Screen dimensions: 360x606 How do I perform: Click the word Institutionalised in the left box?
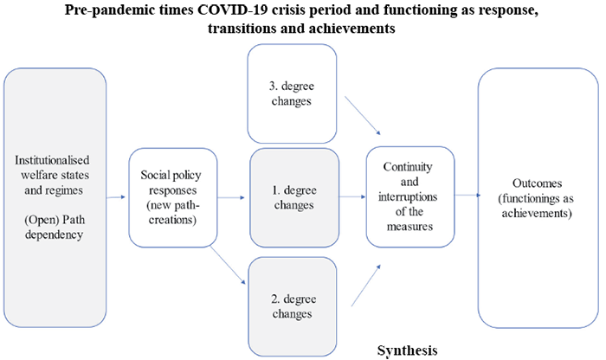point(55,161)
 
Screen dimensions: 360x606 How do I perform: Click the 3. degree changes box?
point(292,93)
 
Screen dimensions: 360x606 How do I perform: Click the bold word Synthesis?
point(407,350)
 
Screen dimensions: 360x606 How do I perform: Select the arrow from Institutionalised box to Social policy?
point(117,197)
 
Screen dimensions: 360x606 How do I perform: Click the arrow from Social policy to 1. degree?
point(231,197)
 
